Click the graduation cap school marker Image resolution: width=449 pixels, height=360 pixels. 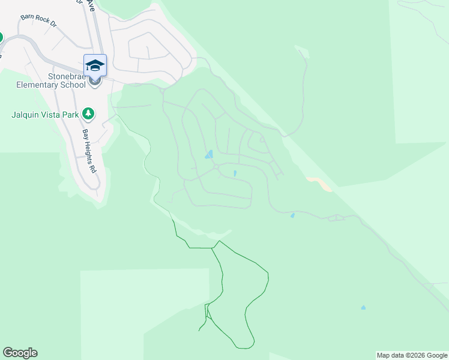(x=95, y=65)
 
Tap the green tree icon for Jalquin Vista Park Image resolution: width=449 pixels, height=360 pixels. (x=88, y=113)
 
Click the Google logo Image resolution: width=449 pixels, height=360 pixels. (x=20, y=353)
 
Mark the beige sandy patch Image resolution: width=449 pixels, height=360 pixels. (x=319, y=182)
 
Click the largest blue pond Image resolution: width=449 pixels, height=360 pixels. (x=209, y=154)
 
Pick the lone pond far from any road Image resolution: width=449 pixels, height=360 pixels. (x=363, y=308)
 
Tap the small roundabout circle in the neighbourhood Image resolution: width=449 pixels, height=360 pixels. (x=216, y=167)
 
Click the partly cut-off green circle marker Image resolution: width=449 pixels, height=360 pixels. (x=1, y=37)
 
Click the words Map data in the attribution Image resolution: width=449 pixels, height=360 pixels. (x=390, y=355)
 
